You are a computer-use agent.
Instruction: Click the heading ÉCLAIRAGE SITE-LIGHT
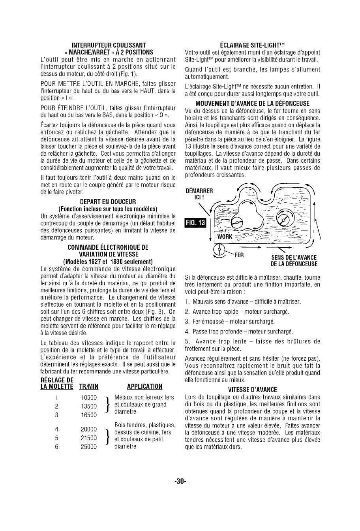[x=252, y=45]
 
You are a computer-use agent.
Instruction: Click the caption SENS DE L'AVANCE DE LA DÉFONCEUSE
[x=294, y=261]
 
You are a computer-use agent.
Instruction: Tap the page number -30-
[x=180, y=481]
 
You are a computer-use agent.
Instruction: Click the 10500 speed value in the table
[x=88, y=398]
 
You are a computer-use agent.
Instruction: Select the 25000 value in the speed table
[x=88, y=446]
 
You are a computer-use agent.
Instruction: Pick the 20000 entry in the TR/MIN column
[x=88, y=429]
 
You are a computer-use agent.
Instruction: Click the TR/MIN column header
[x=88, y=386]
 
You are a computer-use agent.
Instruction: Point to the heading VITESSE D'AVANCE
[x=252, y=389]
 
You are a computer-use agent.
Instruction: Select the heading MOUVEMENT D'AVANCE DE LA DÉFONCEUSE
[x=252, y=104]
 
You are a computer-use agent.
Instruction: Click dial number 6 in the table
[x=57, y=446]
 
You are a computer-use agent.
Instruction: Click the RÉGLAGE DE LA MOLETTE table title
[x=57, y=383]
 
